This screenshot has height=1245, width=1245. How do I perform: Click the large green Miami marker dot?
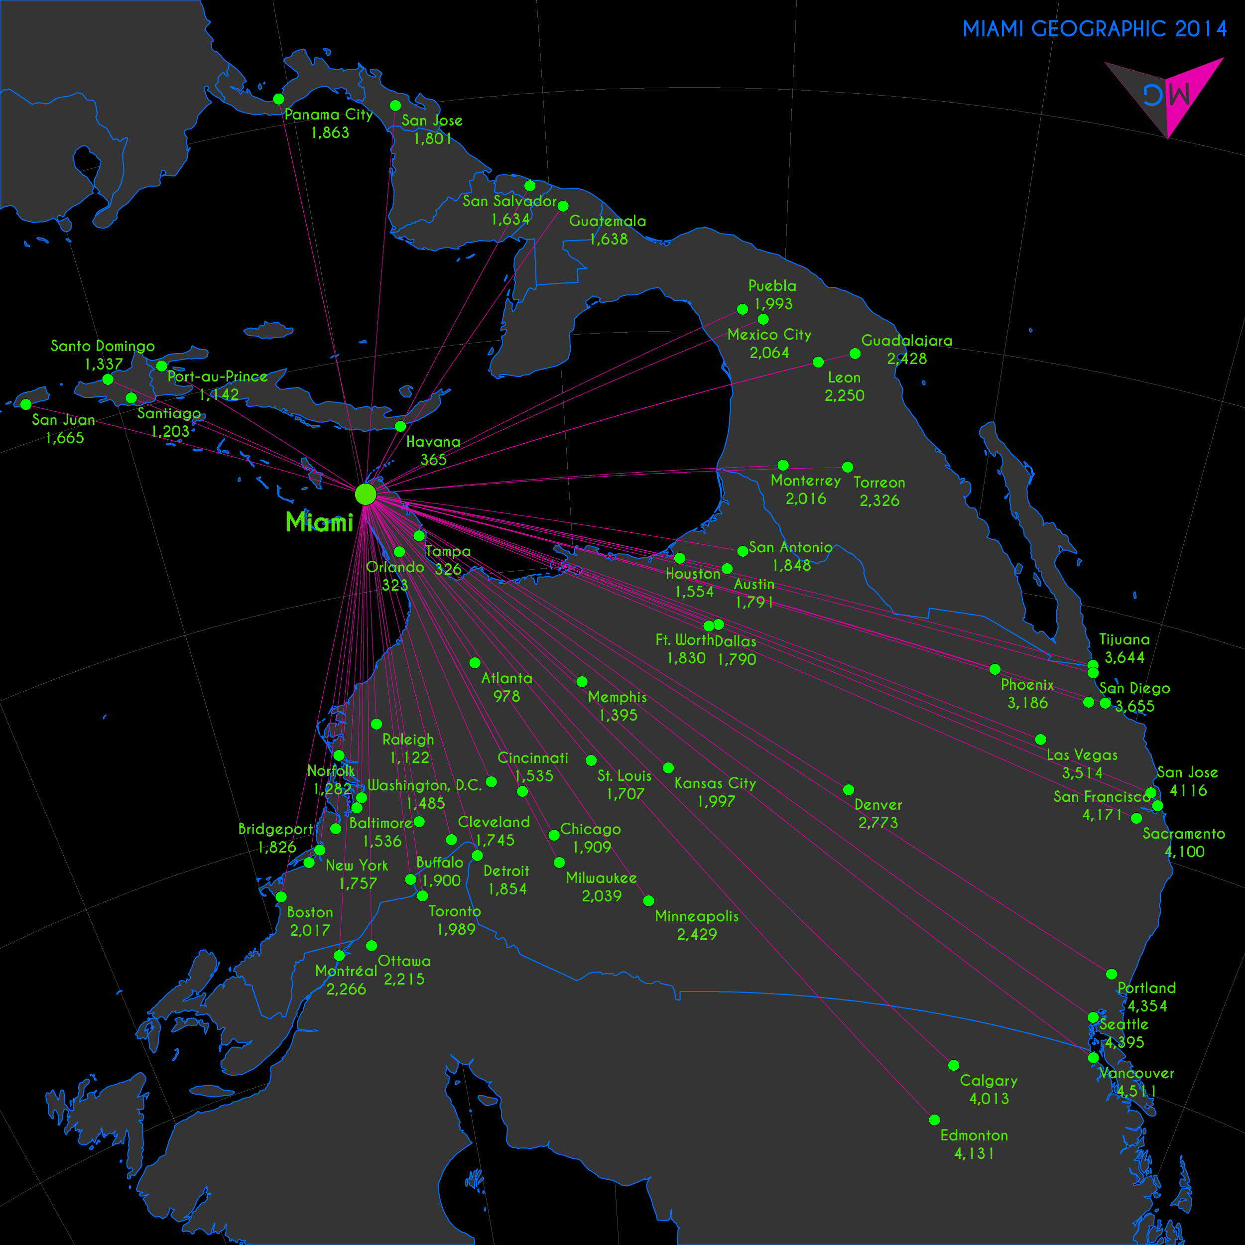(366, 494)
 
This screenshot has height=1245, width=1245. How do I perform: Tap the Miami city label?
(319, 522)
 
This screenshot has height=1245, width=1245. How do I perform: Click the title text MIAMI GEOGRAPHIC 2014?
(1094, 29)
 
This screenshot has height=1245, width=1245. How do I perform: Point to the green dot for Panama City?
(278, 99)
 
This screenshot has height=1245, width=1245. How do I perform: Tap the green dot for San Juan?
(26, 404)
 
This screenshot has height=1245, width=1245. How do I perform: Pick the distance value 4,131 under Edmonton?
(974, 1153)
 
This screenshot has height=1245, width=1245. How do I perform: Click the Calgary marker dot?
(954, 1065)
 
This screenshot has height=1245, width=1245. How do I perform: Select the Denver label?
(877, 805)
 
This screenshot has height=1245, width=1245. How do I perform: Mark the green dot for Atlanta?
(475, 662)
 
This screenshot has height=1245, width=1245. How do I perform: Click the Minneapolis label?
(697, 916)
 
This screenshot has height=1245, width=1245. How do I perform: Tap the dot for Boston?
(281, 897)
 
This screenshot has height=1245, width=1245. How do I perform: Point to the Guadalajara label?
(907, 340)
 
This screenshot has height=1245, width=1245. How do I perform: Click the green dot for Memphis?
(582, 681)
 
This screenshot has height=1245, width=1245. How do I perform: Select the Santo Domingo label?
(103, 346)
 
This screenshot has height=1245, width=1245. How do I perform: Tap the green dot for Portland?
(1112, 974)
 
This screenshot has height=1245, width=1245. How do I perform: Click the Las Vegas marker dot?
(1041, 739)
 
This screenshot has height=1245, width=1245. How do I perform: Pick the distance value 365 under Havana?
(434, 460)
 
